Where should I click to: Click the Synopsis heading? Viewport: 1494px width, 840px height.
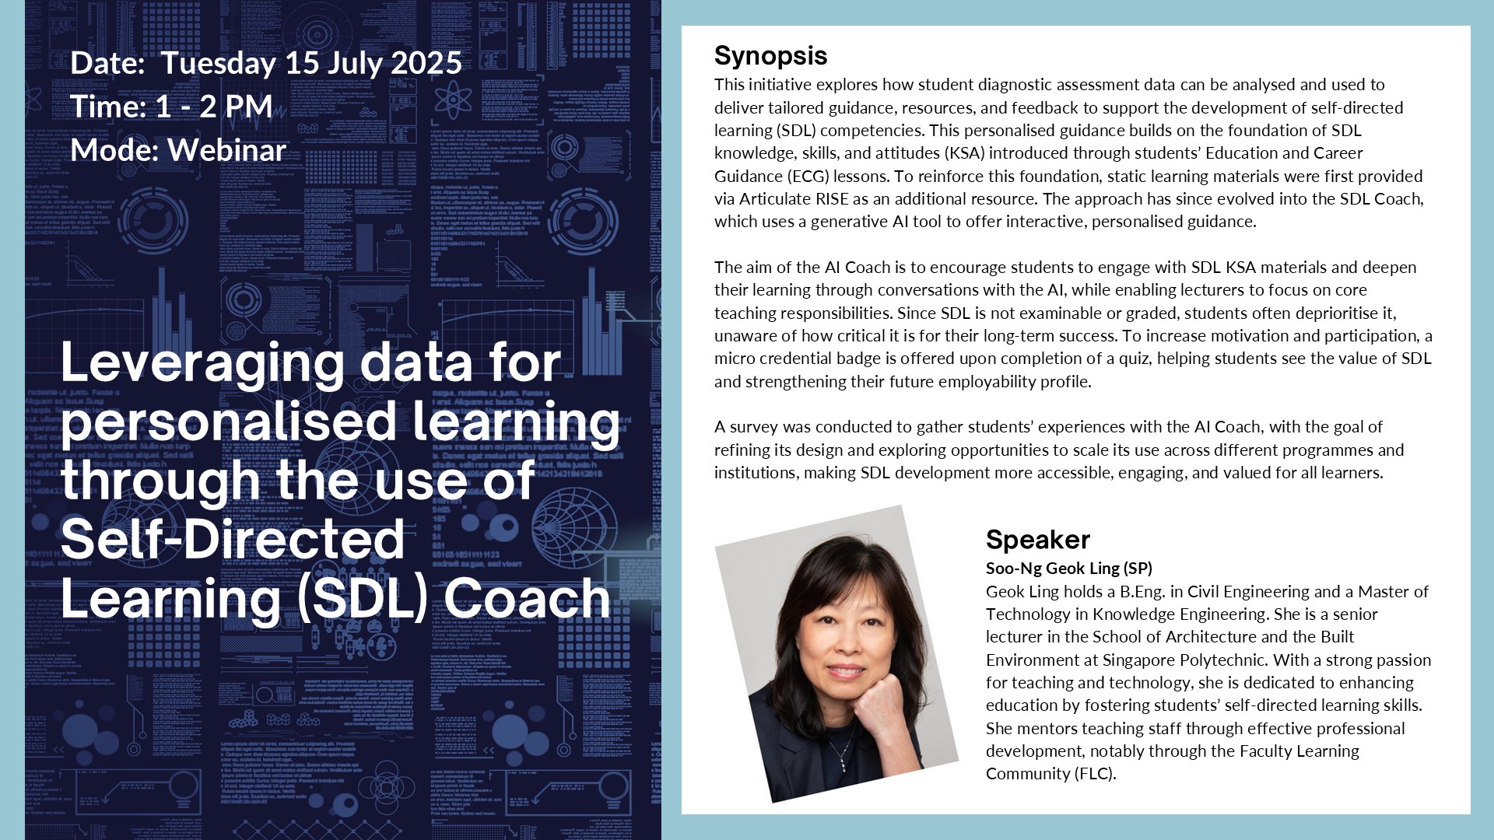(x=770, y=57)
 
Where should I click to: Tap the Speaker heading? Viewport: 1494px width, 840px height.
(x=1038, y=540)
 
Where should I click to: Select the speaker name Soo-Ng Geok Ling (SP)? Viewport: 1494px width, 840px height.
(x=1069, y=569)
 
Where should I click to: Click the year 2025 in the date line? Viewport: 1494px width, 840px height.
(x=426, y=63)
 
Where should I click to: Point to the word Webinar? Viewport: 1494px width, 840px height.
(x=227, y=150)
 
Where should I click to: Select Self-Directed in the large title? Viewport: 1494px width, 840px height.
(x=233, y=538)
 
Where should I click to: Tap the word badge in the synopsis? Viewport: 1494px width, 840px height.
(x=934, y=359)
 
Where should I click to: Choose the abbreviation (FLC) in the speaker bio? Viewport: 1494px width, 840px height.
(x=1095, y=775)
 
